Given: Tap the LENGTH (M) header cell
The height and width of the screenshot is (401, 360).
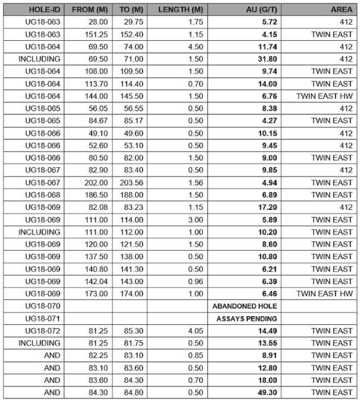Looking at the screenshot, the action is click(179, 10).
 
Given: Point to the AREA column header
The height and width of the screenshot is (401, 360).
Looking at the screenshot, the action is click(341, 10).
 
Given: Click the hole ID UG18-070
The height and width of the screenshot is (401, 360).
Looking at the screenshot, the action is click(42, 305).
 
